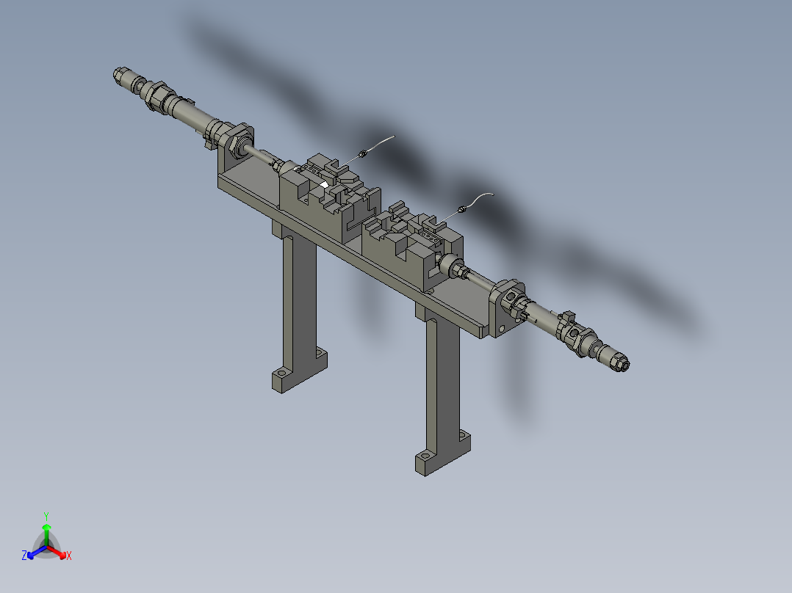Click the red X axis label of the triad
pos(69,556)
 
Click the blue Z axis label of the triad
pos(24,556)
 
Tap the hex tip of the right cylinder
pos(622,362)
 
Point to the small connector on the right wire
pos(461,210)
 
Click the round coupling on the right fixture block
pos(450,266)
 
